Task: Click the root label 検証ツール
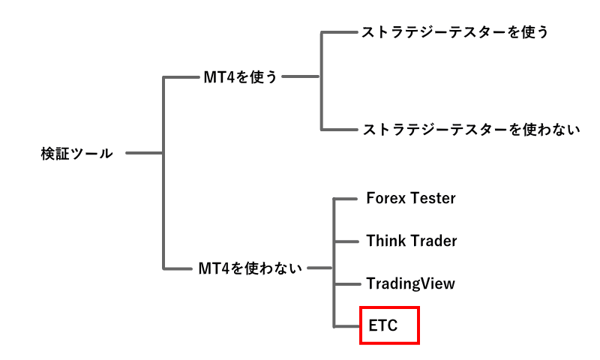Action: (76, 154)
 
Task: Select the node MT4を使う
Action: (240, 76)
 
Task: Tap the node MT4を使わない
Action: (250, 268)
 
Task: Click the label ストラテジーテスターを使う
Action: (455, 32)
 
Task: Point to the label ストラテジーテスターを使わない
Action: (471, 129)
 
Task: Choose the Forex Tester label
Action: (410, 199)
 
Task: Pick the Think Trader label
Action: (411, 241)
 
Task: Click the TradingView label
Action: (410, 284)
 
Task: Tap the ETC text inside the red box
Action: (382, 326)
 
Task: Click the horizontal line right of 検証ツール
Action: (144, 154)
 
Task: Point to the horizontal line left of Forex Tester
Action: (344, 199)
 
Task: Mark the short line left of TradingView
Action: (344, 284)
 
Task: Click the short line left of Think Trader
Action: (344, 241)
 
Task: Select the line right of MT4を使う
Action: (302, 76)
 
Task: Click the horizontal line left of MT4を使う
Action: (181, 76)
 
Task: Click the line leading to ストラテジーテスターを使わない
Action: (339, 129)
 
